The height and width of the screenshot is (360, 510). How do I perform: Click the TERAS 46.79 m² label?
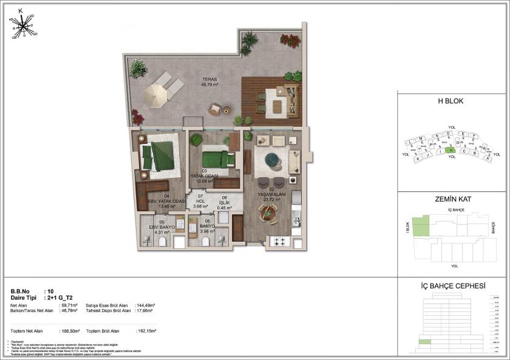(209, 83)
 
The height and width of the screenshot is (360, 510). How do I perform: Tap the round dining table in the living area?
(268, 212)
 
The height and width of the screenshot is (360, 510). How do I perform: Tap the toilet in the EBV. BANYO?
(163, 242)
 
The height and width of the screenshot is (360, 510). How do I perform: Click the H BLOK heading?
(450, 101)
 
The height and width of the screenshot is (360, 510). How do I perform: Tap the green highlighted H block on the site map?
(450, 150)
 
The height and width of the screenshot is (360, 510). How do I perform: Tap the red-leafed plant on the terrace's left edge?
(138, 116)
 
